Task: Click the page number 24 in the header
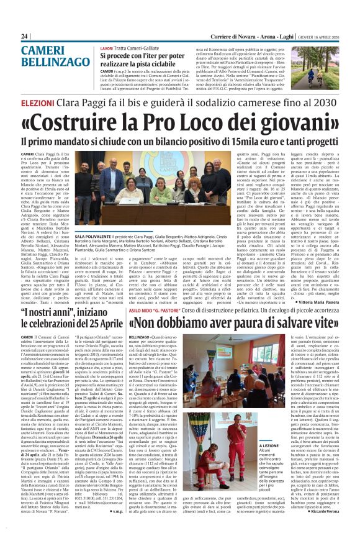pyautogui.click(x=25, y=37)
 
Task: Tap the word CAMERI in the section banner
pyautogui.click(x=44, y=53)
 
